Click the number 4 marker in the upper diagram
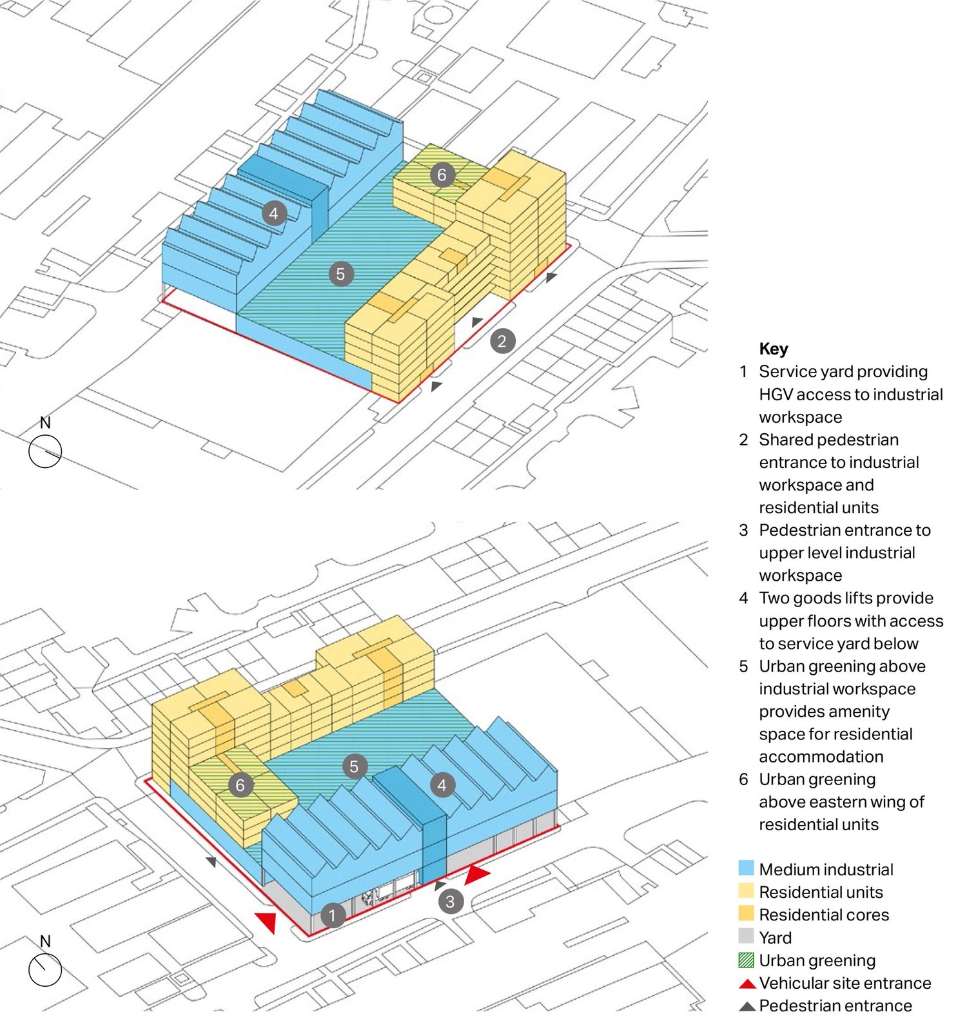pyautogui.click(x=274, y=213)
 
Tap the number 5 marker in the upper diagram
pyautogui.click(x=341, y=274)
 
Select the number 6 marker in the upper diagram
pyautogui.click(x=442, y=175)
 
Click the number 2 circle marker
pyautogui.click(x=502, y=341)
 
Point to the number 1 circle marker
pyautogui.click(x=333, y=915)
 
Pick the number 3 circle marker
pyautogui.click(x=451, y=901)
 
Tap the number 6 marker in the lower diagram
pyautogui.click(x=240, y=785)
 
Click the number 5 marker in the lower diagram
pyautogui.click(x=354, y=766)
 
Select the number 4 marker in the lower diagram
pyautogui.click(x=442, y=785)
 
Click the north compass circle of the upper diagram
pyautogui.click(x=45, y=451)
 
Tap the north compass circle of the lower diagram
pyautogui.click(x=45, y=970)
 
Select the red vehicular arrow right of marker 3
pyautogui.click(x=477, y=875)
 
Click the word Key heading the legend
pyautogui.click(x=774, y=349)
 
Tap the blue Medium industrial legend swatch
pyautogui.click(x=746, y=868)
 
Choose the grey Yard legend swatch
pyautogui.click(x=746, y=937)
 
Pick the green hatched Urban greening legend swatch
pyautogui.click(x=746, y=960)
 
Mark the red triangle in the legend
pyautogui.click(x=747, y=984)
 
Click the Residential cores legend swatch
pyautogui.click(x=746, y=914)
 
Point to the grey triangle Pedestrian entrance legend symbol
pyautogui.click(x=747, y=1006)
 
